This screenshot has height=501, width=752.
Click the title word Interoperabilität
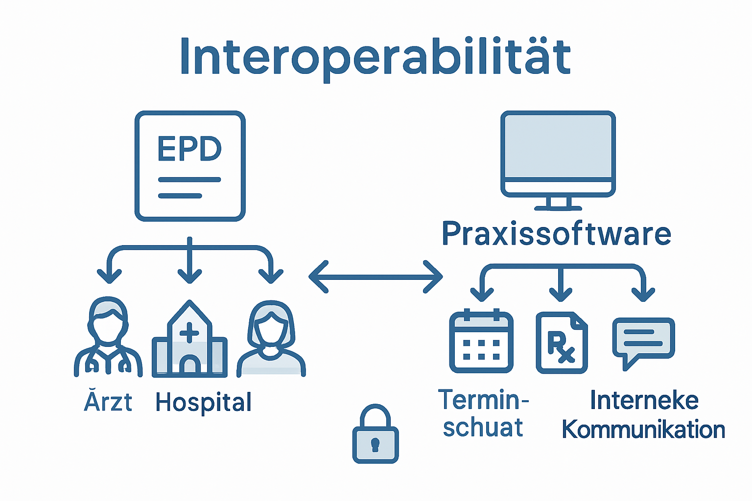point(375,57)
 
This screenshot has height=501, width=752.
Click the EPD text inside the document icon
point(189,149)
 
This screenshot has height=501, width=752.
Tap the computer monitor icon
point(558,154)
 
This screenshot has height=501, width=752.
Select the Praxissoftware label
point(556,234)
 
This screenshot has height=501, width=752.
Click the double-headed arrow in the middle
point(376,277)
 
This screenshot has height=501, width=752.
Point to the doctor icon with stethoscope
point(108,338)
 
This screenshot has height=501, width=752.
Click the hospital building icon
point(189,341)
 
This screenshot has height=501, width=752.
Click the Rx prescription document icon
point(562,343)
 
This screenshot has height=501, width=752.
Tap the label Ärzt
point(108,402)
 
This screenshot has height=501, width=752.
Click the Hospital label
point(203,403)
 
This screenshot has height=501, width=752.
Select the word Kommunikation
point(643,430)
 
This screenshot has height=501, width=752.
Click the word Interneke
point(644,400)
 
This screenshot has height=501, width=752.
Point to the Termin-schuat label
point(483,414)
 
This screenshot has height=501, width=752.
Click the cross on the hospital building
point(189,334)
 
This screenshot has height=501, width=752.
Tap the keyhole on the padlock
point(376,444)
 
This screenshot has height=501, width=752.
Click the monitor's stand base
point(558,207)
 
